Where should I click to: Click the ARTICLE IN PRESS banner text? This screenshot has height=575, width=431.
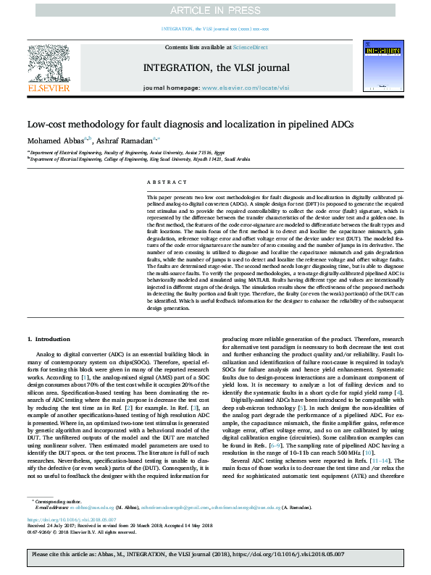click(x=215, y=10)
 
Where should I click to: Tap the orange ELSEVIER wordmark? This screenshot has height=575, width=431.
click(x=49, y=88)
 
